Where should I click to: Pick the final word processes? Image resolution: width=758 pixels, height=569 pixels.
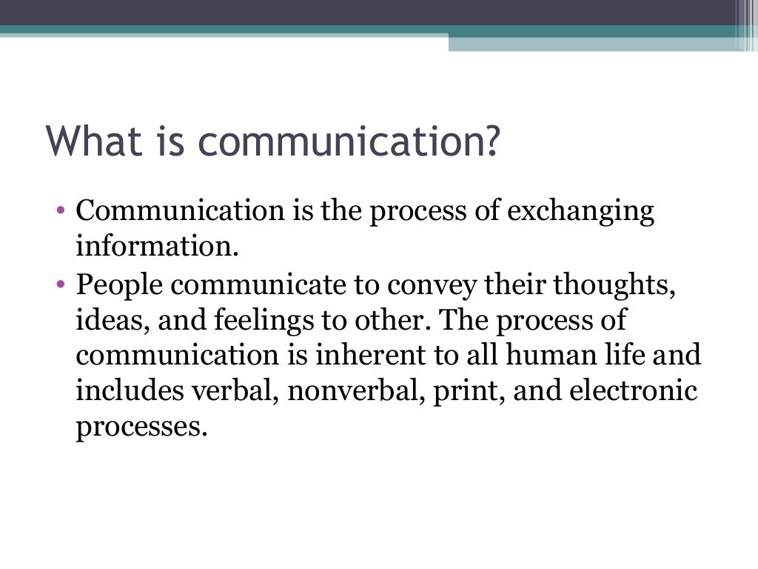click(x=138, y=427)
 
